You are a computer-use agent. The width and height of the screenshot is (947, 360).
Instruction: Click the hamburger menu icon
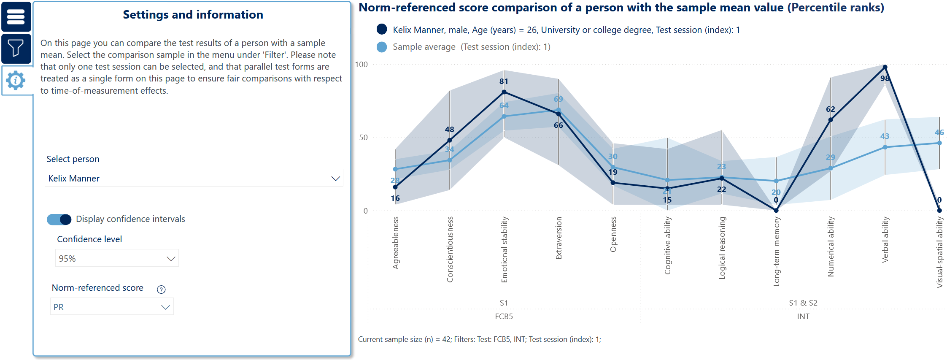16,17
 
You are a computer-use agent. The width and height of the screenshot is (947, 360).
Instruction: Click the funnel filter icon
16,48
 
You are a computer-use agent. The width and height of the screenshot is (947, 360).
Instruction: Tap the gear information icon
16,80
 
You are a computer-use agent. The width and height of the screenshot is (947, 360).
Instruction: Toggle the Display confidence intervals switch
59,219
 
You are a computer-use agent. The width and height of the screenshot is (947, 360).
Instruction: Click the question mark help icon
161,290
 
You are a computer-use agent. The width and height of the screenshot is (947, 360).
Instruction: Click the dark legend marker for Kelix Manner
382,29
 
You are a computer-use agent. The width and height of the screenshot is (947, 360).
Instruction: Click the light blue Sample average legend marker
382,47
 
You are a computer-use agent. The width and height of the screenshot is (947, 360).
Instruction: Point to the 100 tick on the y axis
362,65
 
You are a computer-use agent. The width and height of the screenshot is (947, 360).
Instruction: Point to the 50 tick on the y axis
363,138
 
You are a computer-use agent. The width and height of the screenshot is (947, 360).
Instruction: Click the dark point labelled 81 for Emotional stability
504,92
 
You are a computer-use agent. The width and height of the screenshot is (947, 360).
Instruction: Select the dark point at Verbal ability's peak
885,67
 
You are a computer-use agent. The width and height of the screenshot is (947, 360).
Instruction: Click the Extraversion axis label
559,238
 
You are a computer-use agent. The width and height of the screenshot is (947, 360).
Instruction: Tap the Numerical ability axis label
831,247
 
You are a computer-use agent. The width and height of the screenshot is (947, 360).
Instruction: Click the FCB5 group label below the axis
504,317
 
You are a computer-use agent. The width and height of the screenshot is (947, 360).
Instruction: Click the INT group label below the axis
803,317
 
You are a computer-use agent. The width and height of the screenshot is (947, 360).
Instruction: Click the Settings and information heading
193,15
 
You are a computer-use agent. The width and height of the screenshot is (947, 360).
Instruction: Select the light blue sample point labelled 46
939,143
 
